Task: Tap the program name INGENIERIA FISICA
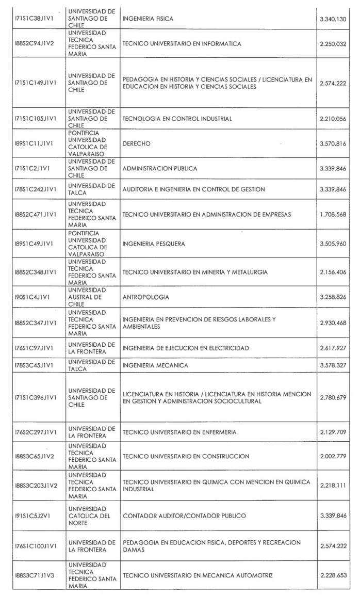click(x=148, y=19)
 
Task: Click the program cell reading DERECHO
click(x=137, y=144)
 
